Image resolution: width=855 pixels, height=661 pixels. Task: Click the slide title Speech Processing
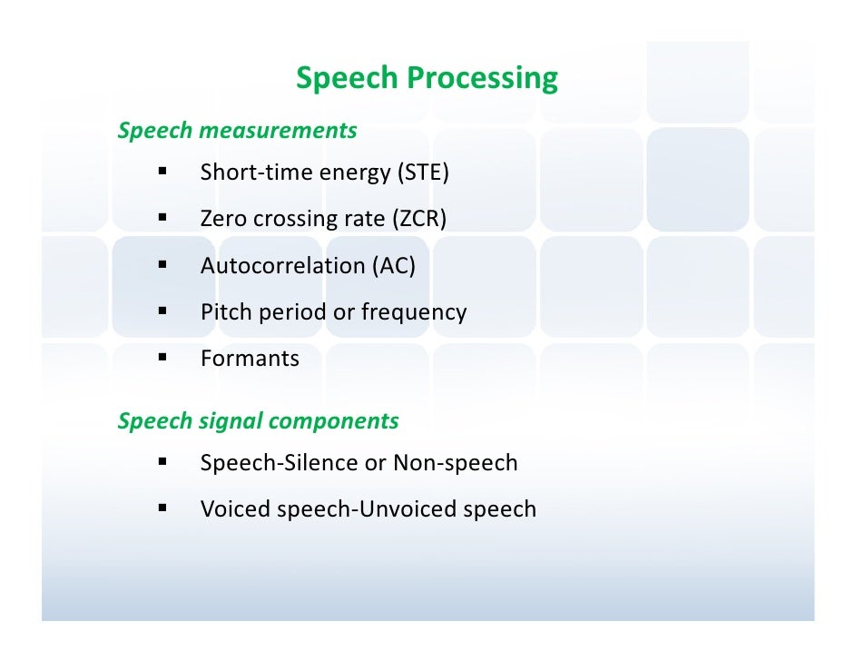pos(427,79)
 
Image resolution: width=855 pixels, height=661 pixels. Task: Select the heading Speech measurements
pos(237,131)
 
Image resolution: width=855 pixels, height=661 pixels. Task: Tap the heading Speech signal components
pos(258,421)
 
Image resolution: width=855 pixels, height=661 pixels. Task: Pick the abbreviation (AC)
pos(394,266)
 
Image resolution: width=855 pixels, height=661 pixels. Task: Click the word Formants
pos(250,359)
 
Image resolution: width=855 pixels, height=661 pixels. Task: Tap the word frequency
pos(414,313)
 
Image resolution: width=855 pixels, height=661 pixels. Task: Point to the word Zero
pos(223,219)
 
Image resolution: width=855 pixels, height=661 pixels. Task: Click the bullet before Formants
pos(162,358)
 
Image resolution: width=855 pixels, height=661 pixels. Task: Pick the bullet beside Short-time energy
pos(162,172)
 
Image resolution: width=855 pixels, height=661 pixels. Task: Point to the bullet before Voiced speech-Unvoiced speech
pos(162,508)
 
